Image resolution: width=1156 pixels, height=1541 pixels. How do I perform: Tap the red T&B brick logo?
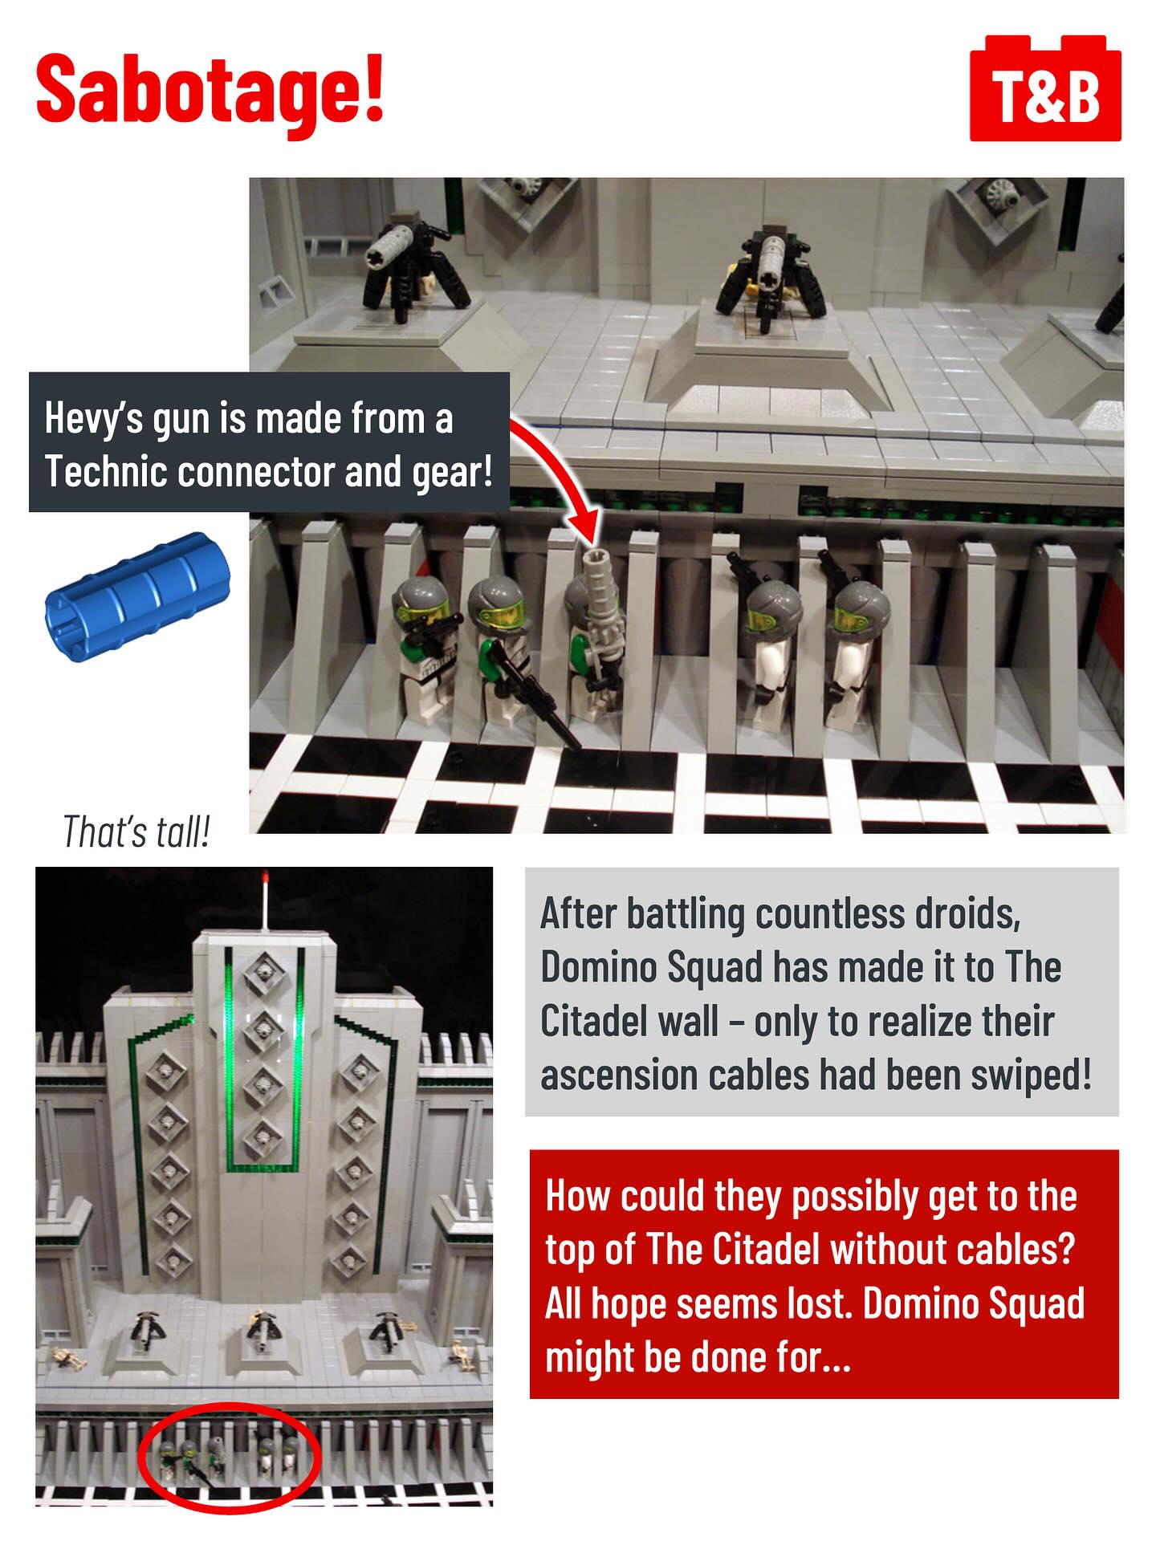1045,88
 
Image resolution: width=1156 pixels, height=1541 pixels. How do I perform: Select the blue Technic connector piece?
136,597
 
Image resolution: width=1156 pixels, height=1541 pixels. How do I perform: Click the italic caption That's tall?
136,832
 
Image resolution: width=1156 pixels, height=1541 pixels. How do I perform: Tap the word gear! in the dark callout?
452,472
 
